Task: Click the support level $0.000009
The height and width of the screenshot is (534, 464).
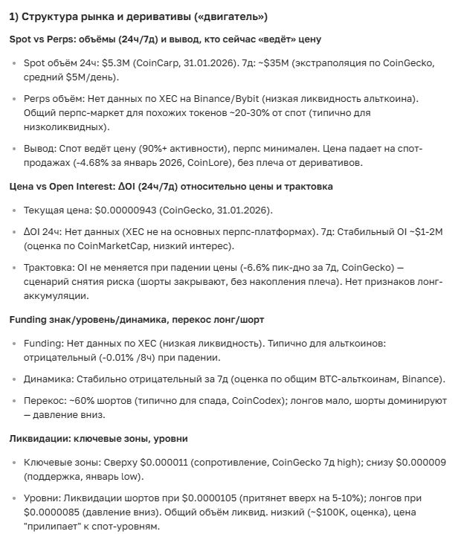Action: coord(421,462)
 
